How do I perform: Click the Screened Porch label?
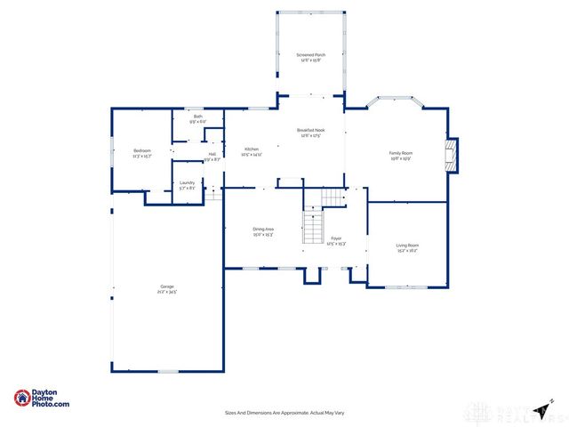coord(311,55)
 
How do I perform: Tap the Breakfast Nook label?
coord(311,130)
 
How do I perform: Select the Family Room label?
coord(401,153)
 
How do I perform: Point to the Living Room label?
coord(407,245)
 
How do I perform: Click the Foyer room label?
coord(336,238)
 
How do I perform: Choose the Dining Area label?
coord(263,230)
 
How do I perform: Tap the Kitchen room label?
coord(252,149)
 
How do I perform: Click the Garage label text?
coord(167,286)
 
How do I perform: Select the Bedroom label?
coord(142,150)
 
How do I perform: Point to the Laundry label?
coord(187,183)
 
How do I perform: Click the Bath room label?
coord(197,117)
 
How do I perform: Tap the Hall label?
coord(212,154)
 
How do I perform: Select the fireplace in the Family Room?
coord(453,154)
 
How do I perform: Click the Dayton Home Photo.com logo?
coord(42,399)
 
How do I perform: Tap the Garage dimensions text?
coord(167,292)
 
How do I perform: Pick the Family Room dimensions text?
coord(401,158)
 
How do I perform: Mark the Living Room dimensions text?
coord(407,250)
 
